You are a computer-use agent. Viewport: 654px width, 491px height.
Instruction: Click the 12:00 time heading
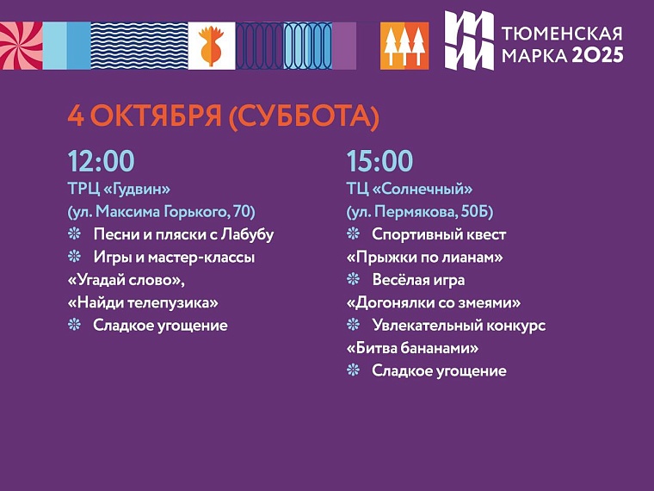tap(102, 161)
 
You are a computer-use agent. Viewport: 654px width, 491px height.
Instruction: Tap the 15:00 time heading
tap(379, 161)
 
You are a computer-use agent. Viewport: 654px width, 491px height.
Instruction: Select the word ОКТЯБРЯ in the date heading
tap(151, 117)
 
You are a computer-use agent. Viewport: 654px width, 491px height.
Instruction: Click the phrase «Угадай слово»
tap(126, 280)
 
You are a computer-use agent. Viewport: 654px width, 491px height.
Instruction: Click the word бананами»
tap(435, 348)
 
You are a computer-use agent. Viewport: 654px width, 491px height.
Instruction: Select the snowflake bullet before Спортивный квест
tap(353, 234)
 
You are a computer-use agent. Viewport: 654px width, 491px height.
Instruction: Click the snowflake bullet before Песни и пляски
tap(74, 234)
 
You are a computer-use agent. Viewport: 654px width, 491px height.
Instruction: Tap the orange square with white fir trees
tap(404, 46)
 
